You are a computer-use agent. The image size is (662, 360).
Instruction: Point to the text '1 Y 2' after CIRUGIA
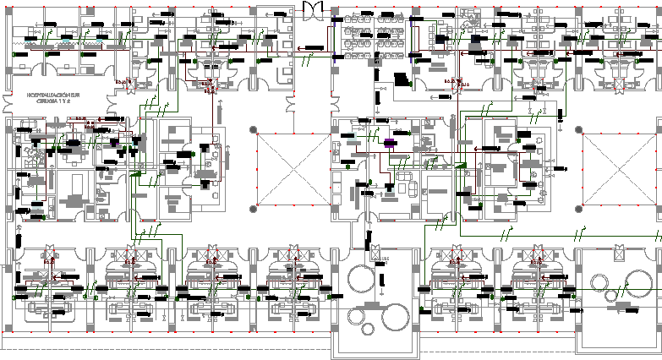[66, 101]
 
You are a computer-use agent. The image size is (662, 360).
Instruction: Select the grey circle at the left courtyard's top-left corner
[253, 128]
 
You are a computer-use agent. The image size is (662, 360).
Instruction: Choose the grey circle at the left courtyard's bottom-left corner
[253, 207]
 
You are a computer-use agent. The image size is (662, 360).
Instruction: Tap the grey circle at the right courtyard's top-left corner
[580, 130]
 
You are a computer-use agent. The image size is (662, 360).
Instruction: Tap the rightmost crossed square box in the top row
[621, 85]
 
